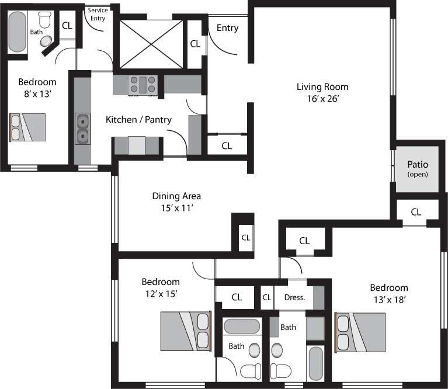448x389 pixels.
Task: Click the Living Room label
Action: point(322,87)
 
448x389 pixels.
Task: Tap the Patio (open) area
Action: point(417,169)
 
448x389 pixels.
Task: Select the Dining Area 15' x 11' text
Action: point(176,202)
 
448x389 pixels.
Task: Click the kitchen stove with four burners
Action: point(143,85)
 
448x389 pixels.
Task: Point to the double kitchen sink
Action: point(82,128)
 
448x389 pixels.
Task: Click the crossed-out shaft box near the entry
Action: point(151,44)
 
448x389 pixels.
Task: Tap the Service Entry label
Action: point(98,14)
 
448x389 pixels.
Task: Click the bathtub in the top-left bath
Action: point(17,32)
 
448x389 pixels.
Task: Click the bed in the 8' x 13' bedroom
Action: point(27,127)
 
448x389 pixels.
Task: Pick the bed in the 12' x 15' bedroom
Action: point(186,331)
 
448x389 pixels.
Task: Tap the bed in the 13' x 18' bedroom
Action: point(360,332)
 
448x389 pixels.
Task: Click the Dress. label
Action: point(294,298)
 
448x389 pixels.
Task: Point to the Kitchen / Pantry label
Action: point(138,120)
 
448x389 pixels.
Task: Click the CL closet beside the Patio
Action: point(416,212)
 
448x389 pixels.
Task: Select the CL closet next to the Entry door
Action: point(195,44)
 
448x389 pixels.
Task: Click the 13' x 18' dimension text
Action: point(390,300)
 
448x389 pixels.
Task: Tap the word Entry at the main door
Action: point(227,28)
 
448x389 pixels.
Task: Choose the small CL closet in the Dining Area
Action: point(246,238)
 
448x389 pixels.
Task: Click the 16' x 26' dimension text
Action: point(323,99)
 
